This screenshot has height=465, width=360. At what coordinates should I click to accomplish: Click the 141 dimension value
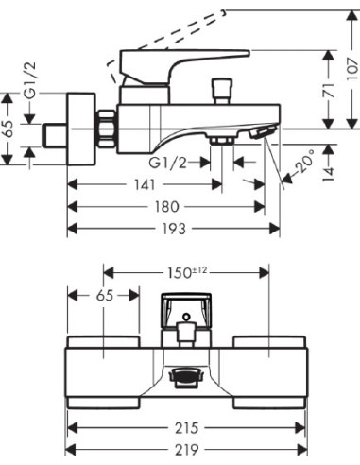pyautogui.click(x=146, y=184)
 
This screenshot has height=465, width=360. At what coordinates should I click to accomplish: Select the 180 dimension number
pyautogui.click(x=167, y=207)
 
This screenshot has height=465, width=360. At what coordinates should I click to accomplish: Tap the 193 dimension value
pyautogui.click(x=174, y=229)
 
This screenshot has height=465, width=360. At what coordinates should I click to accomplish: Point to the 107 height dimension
pyautogui.click(x=353, y=69)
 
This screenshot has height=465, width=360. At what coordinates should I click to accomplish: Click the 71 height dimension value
pyautogui.click(x=329, y=91)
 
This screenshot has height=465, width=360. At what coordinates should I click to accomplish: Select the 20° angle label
pyautogui.click(x=304, y=162)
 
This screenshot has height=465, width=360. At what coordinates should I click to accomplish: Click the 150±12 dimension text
pyautogui.click(x=187, y=273)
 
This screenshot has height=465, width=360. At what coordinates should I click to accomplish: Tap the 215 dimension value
pyautogui.click(x=186, y=428)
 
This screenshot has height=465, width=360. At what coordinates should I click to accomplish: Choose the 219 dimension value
pyautogui.click(x=186, y=449)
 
